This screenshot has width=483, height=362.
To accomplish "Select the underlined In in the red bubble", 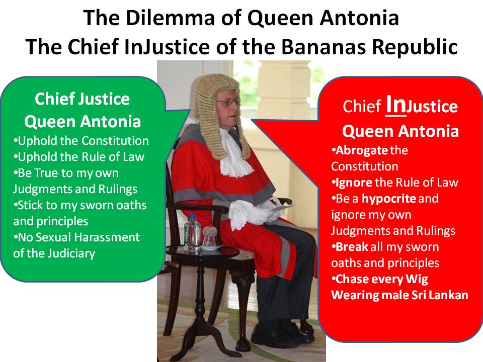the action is coord(395,105).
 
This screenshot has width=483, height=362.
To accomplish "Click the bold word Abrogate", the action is coord(361,150).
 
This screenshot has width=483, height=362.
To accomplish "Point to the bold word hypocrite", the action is coord(389,199).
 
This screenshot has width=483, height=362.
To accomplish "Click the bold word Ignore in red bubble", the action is coord(354,183).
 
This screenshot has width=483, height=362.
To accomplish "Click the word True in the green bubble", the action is coord(46,173).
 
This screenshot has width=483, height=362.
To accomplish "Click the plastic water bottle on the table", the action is coord(192,233).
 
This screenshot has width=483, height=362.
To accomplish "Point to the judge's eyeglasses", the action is coord(228,102).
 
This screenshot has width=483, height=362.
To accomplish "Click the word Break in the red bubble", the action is coord(352,247).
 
